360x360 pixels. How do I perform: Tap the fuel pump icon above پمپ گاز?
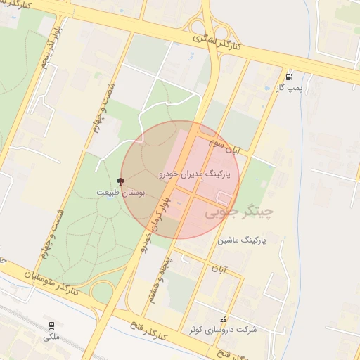[289, 77]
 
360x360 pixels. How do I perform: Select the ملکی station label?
[51, 337]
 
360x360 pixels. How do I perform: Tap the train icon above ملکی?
[51, 326]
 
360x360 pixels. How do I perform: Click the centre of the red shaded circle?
[180, 179]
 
